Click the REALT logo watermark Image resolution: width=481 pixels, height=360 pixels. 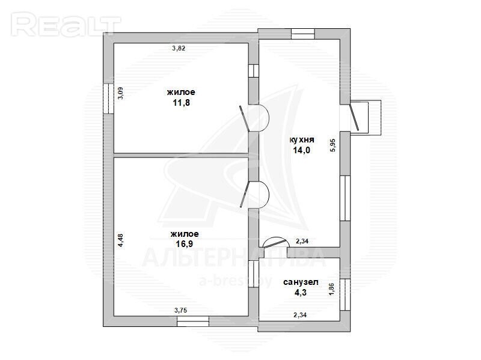[x=66, y=25]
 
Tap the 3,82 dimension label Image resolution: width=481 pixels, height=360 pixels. [x=179, y=48]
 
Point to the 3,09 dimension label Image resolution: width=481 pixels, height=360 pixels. [x=121, y=93]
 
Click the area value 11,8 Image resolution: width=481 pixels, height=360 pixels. [x=182, y=103]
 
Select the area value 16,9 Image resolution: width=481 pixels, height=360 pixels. [x=185, y=244]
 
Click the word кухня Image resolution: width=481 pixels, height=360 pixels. [x=302, y=140]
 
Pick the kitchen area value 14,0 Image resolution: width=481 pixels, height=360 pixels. [x=302, y=150]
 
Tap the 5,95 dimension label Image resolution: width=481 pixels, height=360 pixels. [x=334, y=145]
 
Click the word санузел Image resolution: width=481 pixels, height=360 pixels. [x=301, y=282]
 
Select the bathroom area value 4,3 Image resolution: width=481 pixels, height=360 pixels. [x=301, y=293]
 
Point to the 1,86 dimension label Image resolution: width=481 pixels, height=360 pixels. [x=332, y=289]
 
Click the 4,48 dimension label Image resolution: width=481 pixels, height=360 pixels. [x=121, y=240]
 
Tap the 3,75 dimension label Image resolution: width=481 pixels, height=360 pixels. [x=181, y=310]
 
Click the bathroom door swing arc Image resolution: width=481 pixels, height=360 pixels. [x=277, y=242]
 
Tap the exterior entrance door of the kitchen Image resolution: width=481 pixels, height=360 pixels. [x=354, y=117]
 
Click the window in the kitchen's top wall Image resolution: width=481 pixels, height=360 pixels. [x=303, y=34]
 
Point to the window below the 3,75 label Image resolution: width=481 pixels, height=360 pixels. [x=193, y=322]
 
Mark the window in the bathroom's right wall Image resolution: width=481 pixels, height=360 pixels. [x=345, y=294]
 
